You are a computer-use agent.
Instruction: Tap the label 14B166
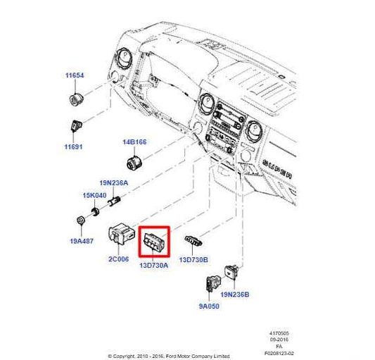click(134, 142)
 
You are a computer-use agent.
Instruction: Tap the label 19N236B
click(236, 295)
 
